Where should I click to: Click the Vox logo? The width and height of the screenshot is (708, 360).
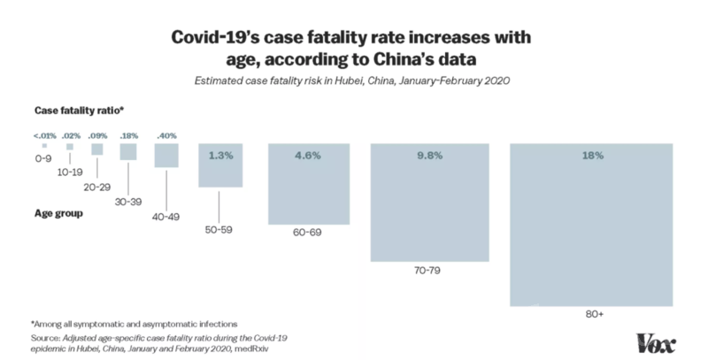point(657,342)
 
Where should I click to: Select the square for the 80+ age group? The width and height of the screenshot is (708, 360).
point(592,226)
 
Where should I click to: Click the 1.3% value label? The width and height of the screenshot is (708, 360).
point(220,156)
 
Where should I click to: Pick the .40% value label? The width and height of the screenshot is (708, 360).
point(166,134)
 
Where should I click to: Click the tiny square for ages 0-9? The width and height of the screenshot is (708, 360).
point(43,146)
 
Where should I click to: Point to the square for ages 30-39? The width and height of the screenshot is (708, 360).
point(128,152)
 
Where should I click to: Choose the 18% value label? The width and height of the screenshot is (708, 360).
point(592,156)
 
